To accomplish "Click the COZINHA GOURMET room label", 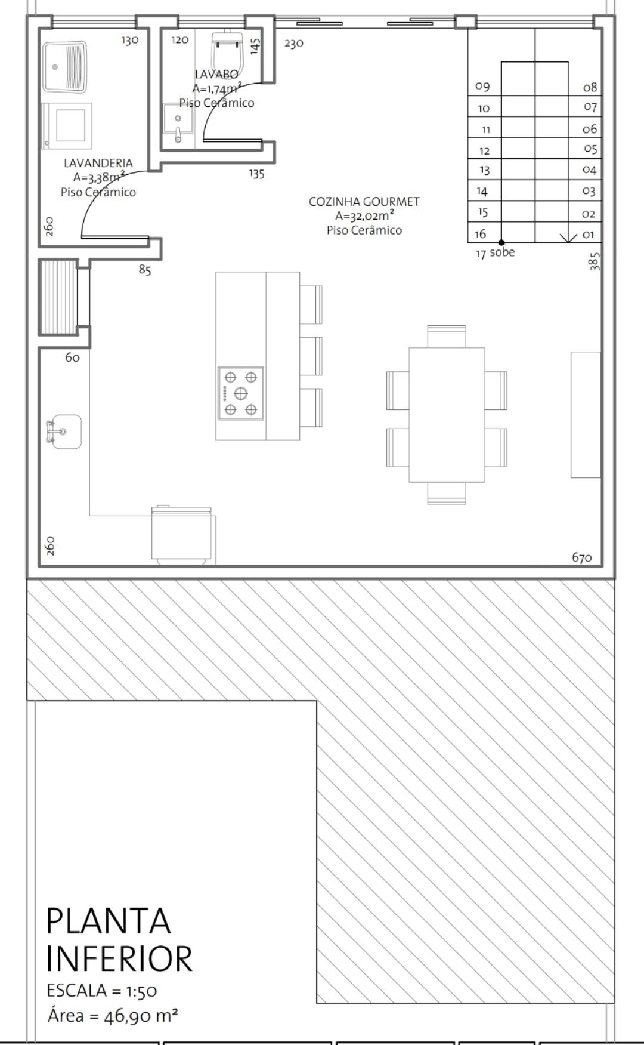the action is point(364,202).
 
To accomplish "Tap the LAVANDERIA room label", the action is point(98,163).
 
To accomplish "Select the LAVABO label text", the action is point(216,74).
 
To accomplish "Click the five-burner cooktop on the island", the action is point(241,393).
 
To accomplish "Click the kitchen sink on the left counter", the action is point(64,431).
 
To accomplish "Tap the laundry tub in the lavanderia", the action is point(66,63).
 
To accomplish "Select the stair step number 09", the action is point(482,87).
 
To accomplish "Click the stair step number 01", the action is point(589,234).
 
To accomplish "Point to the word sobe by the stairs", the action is point(502,252).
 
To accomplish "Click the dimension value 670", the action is point(582,557).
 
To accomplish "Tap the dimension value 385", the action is point(595,261).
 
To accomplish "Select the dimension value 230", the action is point(294,44).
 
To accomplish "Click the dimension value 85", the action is point(145,270).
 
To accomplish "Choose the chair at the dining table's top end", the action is point(446,335).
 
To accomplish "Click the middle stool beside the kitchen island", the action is point(311,356).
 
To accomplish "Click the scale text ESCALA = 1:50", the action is point(102,991).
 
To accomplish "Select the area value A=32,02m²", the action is point(364,216).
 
